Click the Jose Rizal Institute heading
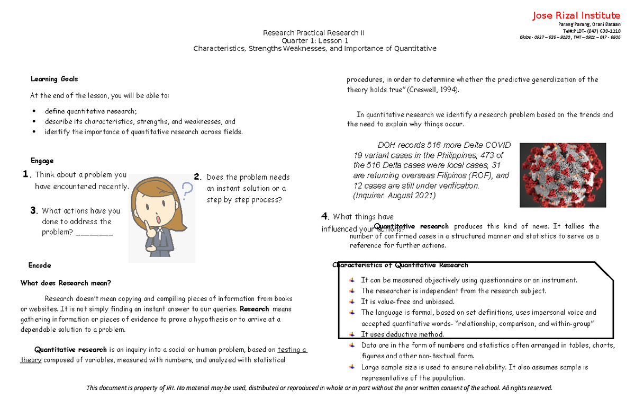click(576, 15)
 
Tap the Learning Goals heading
click(54, 79)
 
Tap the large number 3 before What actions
click(33, 211)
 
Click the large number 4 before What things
click(325, 216)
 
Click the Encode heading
click(39, 265)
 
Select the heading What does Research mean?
click(66, 283)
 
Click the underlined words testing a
click(292, 350)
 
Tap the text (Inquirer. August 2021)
click(394, 196)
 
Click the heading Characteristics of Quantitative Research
click(401, 265)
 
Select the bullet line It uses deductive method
click(402, 334)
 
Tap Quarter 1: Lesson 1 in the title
click(315, 41)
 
